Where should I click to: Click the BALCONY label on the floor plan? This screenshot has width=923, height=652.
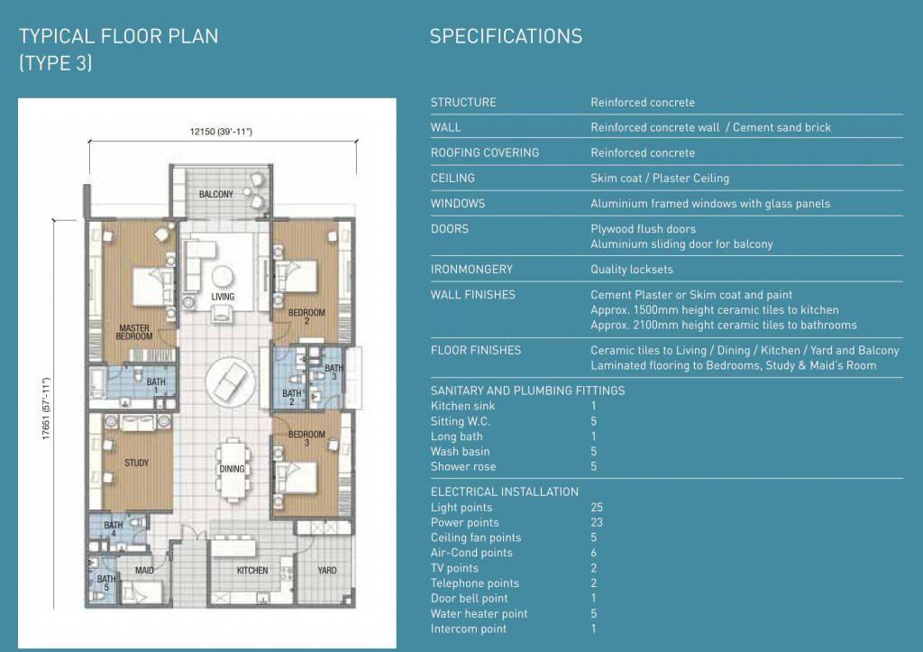click(216, 194)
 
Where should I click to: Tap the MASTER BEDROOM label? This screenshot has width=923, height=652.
click(134, 332)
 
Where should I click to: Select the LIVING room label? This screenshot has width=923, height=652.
click(224, 297)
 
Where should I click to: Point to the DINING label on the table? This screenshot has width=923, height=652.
click(232, 469)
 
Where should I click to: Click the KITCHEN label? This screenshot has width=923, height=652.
click(252, 570)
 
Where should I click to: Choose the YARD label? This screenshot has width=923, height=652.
click(327, 570)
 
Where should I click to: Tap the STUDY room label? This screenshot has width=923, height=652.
click(137, 463)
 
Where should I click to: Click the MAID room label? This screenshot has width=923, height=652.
click(144, 570)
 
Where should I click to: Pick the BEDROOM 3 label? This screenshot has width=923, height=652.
click(306, 437)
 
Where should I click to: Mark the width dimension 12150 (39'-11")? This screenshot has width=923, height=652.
click(221, 132)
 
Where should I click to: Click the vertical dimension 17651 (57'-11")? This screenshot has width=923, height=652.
click(47, 409)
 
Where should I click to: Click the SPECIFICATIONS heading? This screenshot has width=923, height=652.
click(507, 36)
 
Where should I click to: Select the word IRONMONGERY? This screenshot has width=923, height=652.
click(471, 269)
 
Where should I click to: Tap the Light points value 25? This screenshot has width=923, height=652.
click(597, 507)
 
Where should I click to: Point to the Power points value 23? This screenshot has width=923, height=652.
click(597, 522)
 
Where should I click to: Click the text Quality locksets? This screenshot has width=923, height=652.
click(632, 269)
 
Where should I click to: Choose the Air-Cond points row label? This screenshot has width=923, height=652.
click(471, 553)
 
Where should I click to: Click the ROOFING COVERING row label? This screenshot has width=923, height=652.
click(484, 152)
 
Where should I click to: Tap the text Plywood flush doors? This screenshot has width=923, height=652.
click(643, 228)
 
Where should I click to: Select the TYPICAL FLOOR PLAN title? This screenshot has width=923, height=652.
click(118, 36)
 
